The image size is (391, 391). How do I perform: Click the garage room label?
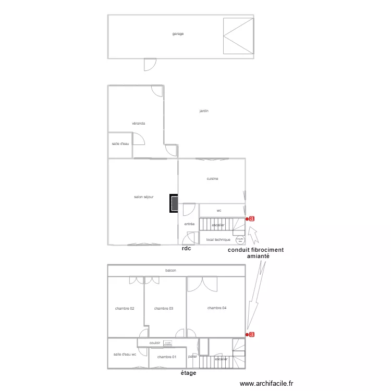click(x=178, y=34)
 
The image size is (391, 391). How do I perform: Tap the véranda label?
click(x=138, y=124)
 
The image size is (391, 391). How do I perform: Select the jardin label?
click(x=204, y=111)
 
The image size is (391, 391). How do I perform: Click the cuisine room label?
click(x=212, y=179)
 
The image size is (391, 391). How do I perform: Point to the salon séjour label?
click(x=143, y=197)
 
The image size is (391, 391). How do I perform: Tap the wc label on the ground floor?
click(x=219, y=211)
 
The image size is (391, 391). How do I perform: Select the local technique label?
click(x=218, y=240)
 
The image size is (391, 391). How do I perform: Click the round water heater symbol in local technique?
click(x=240, y=240)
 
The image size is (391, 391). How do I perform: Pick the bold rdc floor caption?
click(x=186, y=249)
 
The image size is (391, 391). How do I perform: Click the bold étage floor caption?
click(x=188, y=373)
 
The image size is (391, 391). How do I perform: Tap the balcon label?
click(x=170, y=271)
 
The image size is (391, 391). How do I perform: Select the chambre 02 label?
click(x=125, y=309)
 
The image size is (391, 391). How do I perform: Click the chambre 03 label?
click(x=164, y=309)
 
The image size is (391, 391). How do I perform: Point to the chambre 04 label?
click(x=217, y=308)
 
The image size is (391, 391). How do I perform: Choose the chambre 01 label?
click(x=166, y=357)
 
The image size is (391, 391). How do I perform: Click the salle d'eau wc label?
click(x=125, y=355)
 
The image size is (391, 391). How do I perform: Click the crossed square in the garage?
click(x=238, y=36)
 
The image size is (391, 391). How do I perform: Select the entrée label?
click(x=189, y=224)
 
